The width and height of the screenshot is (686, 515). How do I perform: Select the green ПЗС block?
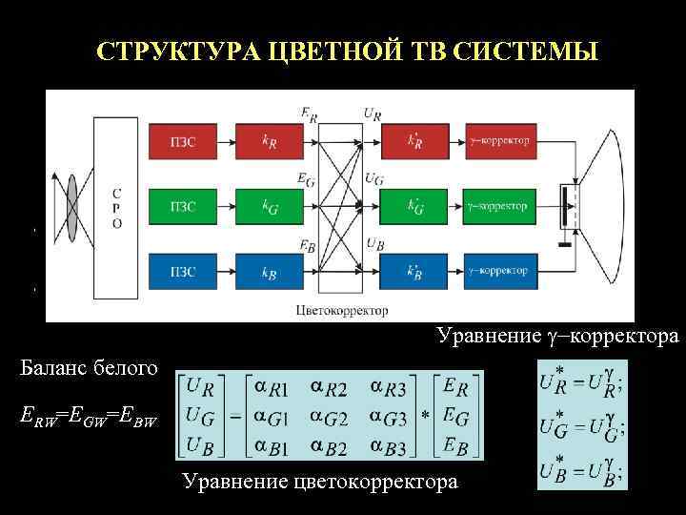coord(184,206)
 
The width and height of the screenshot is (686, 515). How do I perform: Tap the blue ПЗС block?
coord(184,271)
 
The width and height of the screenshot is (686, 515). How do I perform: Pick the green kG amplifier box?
coord(271,206)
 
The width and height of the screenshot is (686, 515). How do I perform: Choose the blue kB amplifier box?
coord(271,271)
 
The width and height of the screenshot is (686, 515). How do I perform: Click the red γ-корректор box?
coord(497,141)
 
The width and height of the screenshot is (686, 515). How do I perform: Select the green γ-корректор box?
coord(497,206)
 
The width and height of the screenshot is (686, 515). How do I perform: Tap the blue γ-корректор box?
coord(497,271)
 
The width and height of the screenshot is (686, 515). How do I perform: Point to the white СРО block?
coord(115,206)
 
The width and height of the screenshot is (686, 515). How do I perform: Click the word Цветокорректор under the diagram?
coord(342,310)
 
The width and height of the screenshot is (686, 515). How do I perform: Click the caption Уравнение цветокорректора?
coord(319,483)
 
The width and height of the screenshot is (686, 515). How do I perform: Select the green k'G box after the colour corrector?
coord(416,206)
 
